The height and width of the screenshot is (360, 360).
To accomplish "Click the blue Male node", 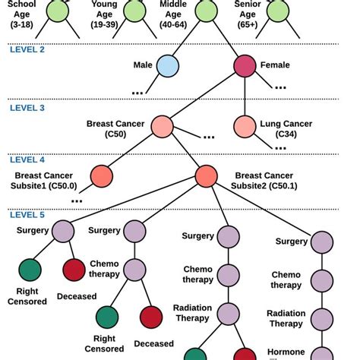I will [x=168, y=66].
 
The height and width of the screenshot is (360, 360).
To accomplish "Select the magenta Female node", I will [x=245, y=66].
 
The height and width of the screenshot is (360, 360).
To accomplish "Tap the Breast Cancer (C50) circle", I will [x=162, y=126].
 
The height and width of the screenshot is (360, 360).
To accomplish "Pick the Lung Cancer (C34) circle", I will [x=245, y=126].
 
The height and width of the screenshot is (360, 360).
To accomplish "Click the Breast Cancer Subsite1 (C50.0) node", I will [x=101, y=176].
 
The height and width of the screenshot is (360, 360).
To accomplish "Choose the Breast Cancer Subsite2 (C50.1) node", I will [x=206, y=176].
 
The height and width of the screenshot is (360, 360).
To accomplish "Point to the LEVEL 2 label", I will [x=27, y=49].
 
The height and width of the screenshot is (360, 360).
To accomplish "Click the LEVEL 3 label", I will [x=27, y=108].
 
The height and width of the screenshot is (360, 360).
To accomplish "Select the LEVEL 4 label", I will [x=27, y=159].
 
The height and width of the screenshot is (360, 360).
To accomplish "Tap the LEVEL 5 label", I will [x=27, y=215].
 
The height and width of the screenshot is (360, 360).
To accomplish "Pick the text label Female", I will [x=274, y=65].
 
